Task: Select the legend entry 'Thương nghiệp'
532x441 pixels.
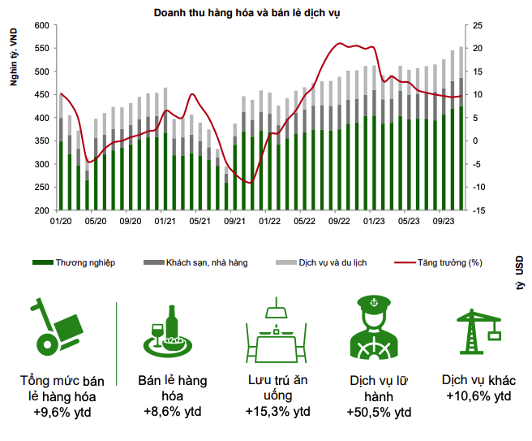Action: click(x=84, y=262)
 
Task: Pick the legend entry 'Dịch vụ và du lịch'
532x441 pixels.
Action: click(x=332, y=262)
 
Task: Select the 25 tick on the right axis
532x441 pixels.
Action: click(x=478, y=25)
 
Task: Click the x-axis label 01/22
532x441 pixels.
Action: click(x=269, y=220)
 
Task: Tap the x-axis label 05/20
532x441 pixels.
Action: click(x=96, y=220)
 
